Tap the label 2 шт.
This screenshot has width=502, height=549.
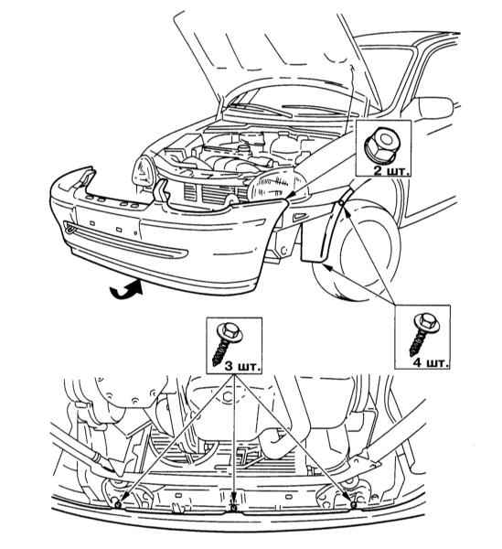point(391,171)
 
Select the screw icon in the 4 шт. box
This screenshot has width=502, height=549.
point(424,334)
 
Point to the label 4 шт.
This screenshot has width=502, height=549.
point(431,362)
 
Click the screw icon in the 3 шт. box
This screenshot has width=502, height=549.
point(227,342)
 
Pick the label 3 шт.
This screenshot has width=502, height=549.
point(242,367)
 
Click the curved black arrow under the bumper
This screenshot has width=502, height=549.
point(126,288)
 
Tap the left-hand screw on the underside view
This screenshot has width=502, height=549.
point(118,504)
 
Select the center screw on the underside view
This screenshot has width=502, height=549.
point(232,508)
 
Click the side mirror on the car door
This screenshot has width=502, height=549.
point(436,109)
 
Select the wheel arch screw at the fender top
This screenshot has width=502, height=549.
point(341,203)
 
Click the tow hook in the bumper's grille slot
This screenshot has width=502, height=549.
point(70,228)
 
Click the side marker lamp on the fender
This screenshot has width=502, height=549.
point(298,216)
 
